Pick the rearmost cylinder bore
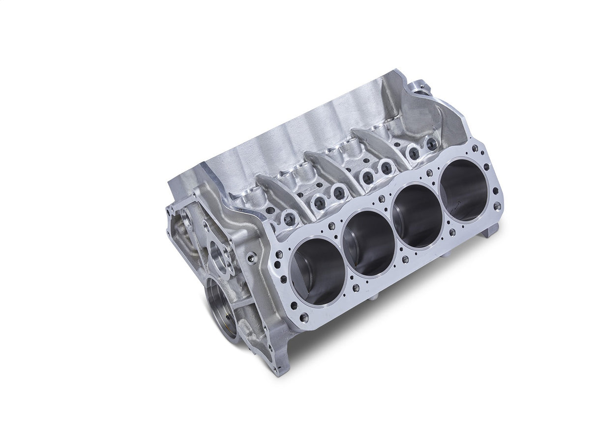point(464,189)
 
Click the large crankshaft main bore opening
point(221,308)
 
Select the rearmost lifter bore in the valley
point(431,144)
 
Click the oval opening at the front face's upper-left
point(185,217)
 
